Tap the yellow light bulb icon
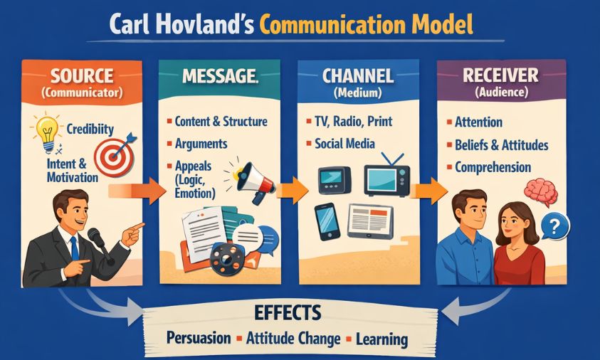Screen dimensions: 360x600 pyautogui.click(x=46, y=132)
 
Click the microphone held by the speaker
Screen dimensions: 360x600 pyautogui.click(x=95, y=237)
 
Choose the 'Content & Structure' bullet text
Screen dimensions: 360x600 pyautogui.click(x=220, y=121)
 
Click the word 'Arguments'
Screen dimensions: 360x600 pyautogui.click(x=201, y=144)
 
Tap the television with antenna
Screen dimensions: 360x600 pyautogui.click(x=386, y=176)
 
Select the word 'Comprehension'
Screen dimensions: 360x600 pyautogui.click(x=493, y=168)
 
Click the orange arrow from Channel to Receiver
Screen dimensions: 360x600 pyautogui.click(x=428, y=190)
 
